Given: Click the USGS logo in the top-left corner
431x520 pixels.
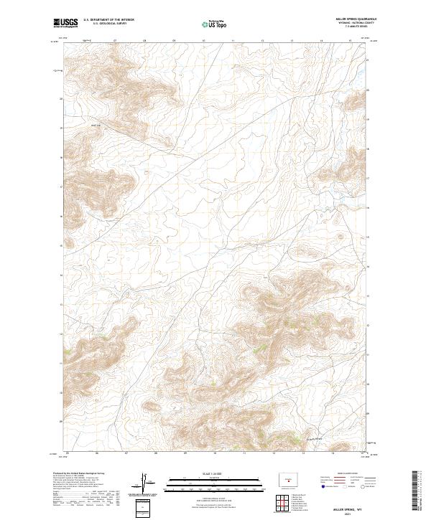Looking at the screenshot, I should (65, 23).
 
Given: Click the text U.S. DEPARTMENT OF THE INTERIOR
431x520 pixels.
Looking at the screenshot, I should (108, 20).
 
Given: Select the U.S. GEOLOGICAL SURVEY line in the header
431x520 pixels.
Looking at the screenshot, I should (108, 24).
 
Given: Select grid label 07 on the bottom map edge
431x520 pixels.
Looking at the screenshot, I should (126, 453).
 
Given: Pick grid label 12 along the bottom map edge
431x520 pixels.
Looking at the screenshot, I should (274, 453).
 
